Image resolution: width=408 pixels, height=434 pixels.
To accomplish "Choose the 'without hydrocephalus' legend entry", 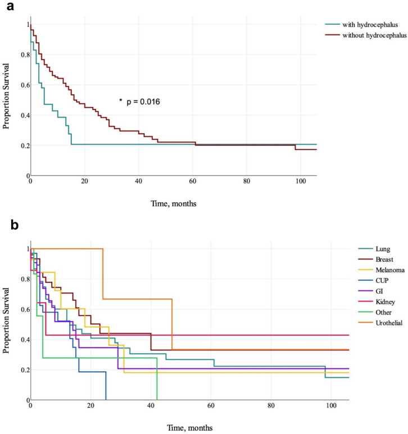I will [x=365, y=35].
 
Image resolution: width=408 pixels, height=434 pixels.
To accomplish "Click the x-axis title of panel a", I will [x=177, y=203].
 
